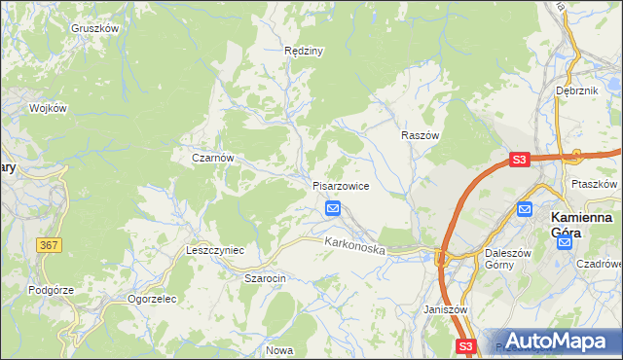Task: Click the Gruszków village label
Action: click(94, 28)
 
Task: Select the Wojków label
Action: click(48, 108)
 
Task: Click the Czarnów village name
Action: click(213, 157)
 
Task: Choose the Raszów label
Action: click(421, 136)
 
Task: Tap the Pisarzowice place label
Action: click(340, 186)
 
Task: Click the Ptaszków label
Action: click(595, 183)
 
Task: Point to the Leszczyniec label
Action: click(214, 250)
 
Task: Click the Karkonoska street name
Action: click(355, 248)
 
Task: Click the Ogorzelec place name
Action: click(151, 299)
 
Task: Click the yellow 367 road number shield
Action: click(50, 246)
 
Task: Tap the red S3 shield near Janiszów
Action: click(466, 346)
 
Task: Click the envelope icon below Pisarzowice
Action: click(333, 208)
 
